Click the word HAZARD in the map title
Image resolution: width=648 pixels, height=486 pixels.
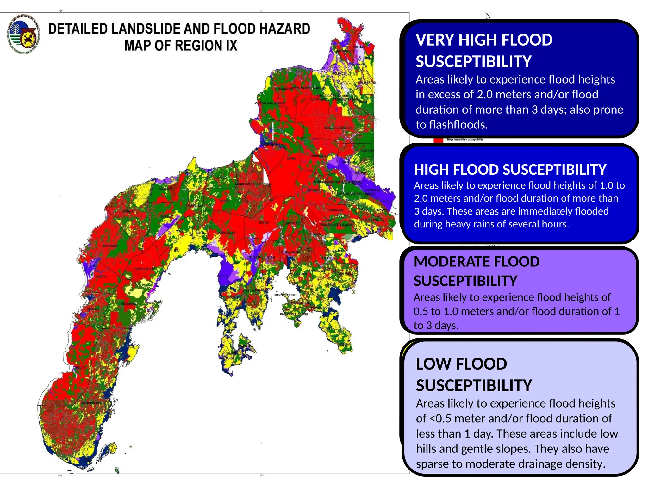[285, 29]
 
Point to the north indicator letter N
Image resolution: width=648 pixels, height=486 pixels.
[488, 16]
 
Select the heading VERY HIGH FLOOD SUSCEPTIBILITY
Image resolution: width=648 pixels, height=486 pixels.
[484, 51]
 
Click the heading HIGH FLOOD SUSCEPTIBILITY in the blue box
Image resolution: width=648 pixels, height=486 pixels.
[510, 170]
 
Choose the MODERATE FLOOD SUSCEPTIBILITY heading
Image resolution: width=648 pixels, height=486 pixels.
[476, 271]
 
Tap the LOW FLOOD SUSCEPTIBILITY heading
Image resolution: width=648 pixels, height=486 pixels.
[474, 375]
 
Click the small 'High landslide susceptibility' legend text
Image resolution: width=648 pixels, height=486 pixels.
[465, 140]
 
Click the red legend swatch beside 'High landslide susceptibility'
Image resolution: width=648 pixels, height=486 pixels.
[438, 140]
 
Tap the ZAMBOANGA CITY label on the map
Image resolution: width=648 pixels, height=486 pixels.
[93, 403]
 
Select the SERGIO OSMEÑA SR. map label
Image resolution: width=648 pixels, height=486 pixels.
[338, 128]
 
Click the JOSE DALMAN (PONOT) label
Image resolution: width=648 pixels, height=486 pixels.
[269, 103]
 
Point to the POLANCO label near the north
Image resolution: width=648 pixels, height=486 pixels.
[339, 73]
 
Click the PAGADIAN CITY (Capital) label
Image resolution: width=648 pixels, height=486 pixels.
[336, 225]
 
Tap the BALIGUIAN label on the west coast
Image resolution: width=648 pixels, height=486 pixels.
[110, 246]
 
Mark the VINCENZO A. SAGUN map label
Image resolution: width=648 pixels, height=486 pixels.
[294, 315]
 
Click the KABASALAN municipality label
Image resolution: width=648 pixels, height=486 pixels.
[227, 233]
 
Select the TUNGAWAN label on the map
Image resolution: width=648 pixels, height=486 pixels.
[128, 304]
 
